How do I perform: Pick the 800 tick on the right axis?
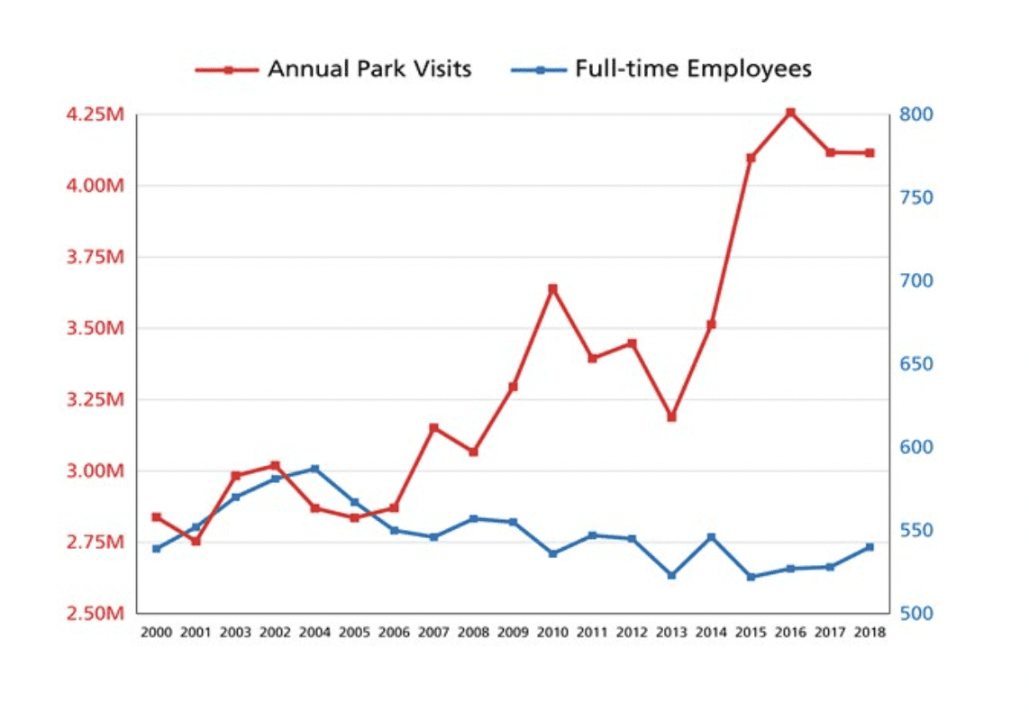tap(914, 114)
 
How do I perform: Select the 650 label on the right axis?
tap(914, 364)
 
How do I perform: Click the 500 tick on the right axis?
tap(914, 614)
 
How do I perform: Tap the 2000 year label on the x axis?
tap(156, 633)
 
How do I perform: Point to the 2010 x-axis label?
tap(552, 633)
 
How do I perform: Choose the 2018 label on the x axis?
tap(870, 633)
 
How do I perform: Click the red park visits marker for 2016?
tap(790, 113)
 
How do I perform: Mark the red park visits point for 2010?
tap(552, 288)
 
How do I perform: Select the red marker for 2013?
tap(671, 417)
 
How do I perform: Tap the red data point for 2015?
tap(751, 158)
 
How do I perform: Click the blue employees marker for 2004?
tap(314, 469)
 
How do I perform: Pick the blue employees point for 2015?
tap(751, 577)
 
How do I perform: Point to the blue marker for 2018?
tap(870, 547)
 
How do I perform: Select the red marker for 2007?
tap(433, 427)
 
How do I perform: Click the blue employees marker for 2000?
tap(156, 548)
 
